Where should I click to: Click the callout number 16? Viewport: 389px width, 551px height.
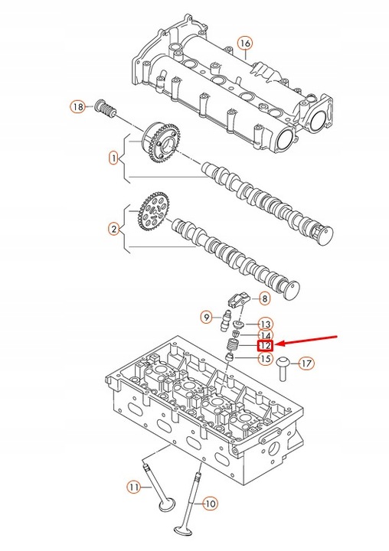[244, 43]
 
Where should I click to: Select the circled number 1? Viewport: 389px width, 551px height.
[113, 158]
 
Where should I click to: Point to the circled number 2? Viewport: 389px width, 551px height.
[113, 228]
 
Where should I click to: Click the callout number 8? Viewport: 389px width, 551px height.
[264, 298]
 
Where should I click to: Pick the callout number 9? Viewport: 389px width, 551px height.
[207, 317]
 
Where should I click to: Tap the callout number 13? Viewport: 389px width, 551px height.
[265, 324]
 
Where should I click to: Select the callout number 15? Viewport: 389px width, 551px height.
[265, 357]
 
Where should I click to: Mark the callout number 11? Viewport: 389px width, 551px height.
[134, 486]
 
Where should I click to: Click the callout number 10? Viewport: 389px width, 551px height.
[210, 504]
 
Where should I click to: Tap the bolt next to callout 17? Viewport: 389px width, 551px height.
[283, 368]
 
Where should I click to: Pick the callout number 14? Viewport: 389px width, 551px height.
[265, 335]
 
